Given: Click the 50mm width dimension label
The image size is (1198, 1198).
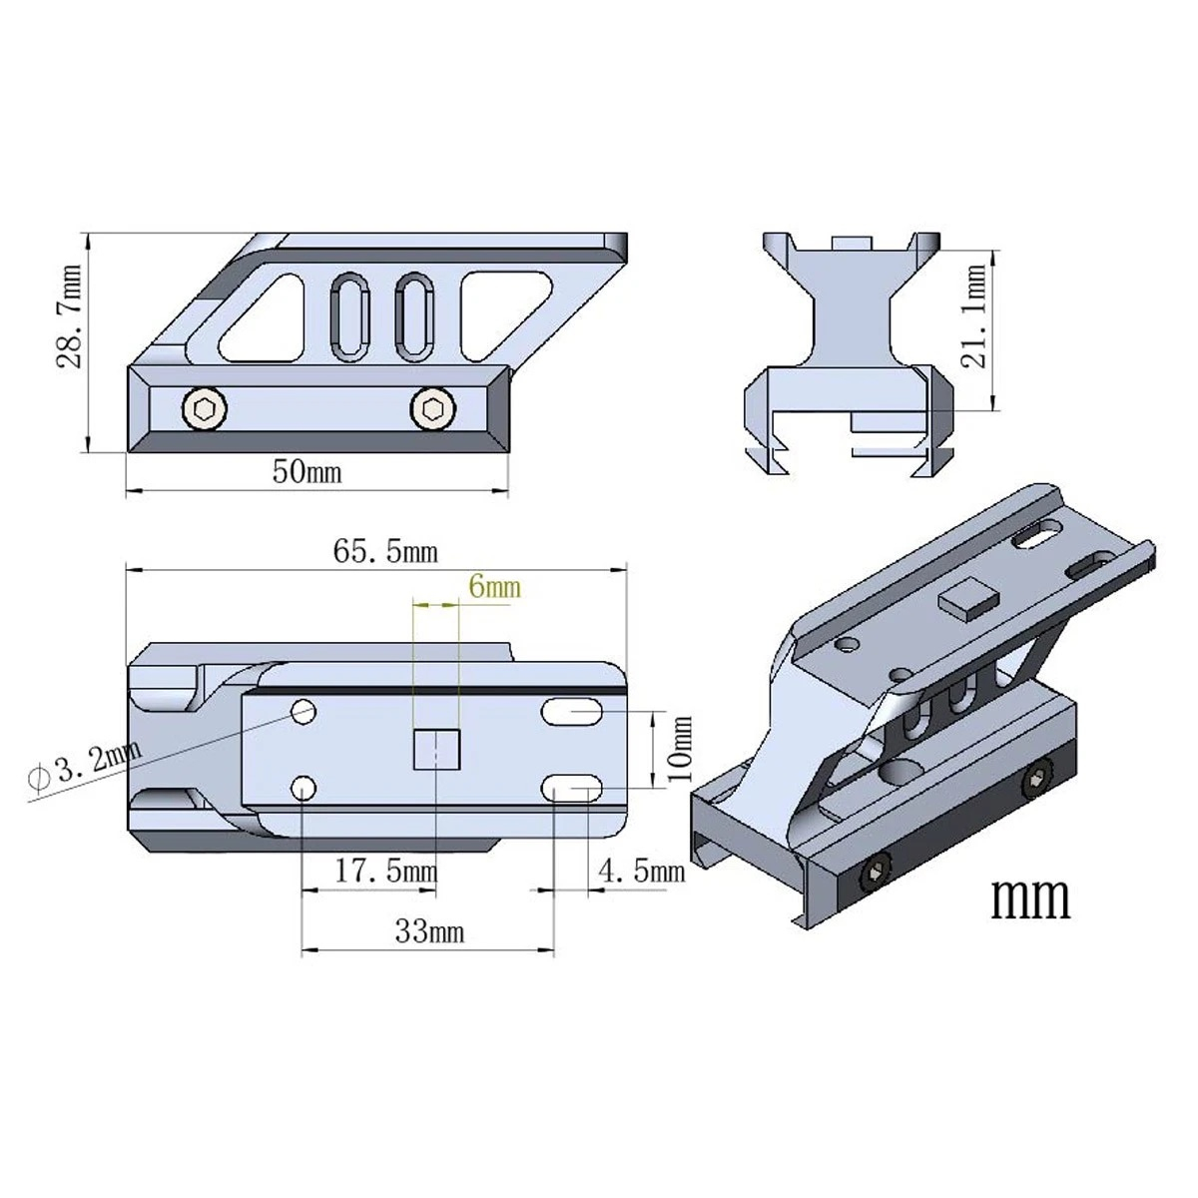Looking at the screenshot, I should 306,471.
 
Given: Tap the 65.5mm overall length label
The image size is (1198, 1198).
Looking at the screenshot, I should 384,551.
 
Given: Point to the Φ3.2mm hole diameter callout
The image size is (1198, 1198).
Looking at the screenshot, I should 85,768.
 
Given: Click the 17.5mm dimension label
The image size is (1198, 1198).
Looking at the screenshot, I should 385,871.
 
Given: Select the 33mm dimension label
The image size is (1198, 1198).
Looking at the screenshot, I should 428,931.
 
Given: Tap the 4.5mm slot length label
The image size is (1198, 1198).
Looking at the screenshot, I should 641,872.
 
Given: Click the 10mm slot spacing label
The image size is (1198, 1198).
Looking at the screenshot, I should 679,749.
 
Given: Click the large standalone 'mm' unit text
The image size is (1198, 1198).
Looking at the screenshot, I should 1029,898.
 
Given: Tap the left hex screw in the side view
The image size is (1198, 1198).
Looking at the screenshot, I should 204,407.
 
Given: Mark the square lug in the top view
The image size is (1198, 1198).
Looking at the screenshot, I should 436,750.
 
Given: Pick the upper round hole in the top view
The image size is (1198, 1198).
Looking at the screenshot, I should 302,711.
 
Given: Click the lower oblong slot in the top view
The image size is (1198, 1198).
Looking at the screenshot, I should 571,790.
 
